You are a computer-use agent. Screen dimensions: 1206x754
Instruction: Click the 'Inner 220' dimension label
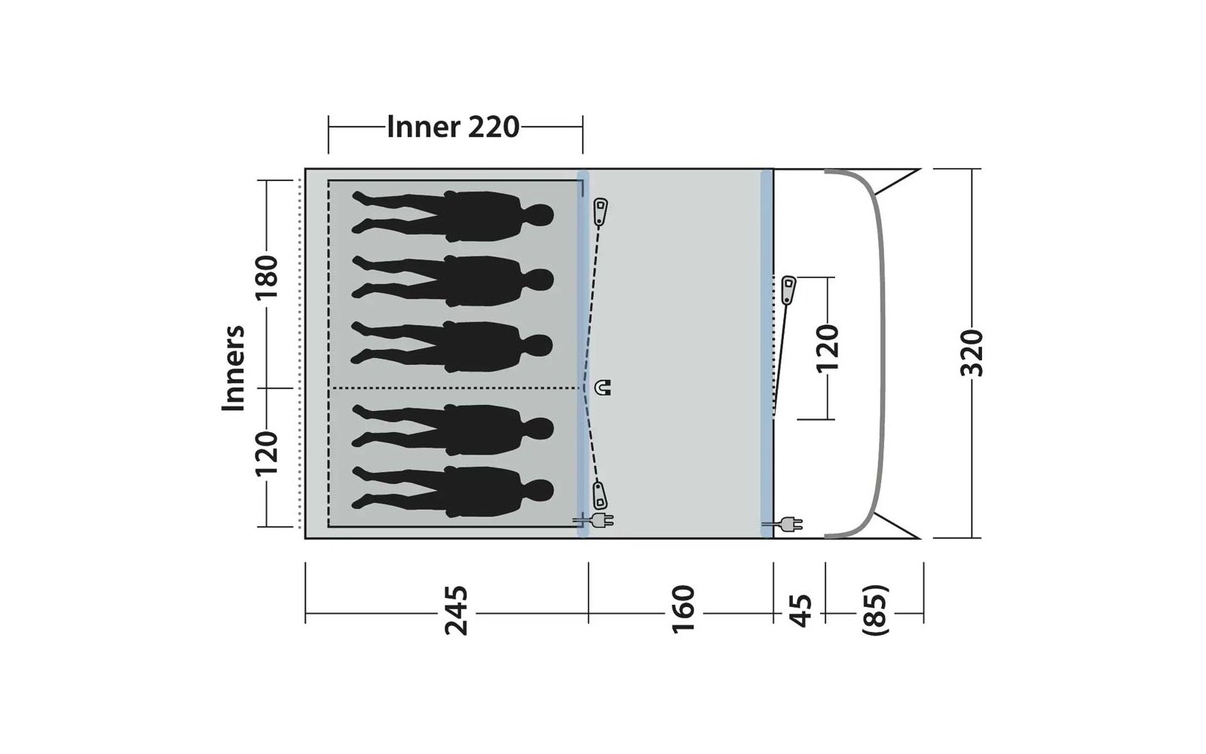[453, 127]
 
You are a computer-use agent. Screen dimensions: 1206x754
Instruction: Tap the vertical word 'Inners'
[234, 368]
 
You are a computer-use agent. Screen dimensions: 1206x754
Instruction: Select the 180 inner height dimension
[267, 277]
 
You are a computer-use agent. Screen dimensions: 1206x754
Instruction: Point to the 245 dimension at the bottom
[455, 611]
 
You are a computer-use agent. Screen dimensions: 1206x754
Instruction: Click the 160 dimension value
[683, 609]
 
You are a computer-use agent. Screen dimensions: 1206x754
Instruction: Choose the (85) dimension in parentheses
[875, 609]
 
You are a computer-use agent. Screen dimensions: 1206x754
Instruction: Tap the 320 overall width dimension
[972, 354]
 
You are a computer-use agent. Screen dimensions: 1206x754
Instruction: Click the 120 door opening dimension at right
[828, 348]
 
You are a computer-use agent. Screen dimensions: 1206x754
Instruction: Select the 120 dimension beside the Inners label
[267, 453]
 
